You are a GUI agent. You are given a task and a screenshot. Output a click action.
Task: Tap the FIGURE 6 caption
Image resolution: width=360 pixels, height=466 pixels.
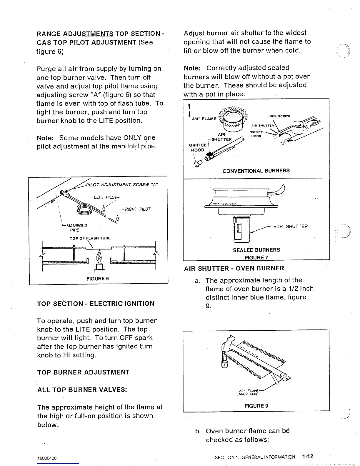97,278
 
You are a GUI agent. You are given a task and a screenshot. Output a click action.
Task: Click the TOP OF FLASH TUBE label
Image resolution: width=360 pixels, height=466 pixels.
90,238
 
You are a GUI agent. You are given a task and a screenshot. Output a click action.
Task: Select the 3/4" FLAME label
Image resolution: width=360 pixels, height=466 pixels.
204,119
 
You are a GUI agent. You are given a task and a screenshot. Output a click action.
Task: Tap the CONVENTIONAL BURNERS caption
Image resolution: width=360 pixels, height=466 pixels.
256,171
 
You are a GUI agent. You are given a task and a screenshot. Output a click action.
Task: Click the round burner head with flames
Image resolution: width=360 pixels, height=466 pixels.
234,117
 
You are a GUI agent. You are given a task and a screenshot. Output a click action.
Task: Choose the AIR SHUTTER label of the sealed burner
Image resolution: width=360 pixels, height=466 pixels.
291,226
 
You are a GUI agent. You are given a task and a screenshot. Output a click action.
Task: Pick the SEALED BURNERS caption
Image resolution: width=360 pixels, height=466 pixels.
256,250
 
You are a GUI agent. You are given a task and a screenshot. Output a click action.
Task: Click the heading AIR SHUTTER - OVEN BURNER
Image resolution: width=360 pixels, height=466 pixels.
234,268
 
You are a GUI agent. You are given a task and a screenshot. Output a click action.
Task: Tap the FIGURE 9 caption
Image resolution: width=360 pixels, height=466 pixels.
256,406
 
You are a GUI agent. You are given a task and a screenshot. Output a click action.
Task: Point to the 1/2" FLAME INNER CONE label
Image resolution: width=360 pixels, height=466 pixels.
248,392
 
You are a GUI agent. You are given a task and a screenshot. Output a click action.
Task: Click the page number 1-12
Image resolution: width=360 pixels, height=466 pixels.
307,457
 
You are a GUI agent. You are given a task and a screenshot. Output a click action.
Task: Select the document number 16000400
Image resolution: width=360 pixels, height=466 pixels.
47,458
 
